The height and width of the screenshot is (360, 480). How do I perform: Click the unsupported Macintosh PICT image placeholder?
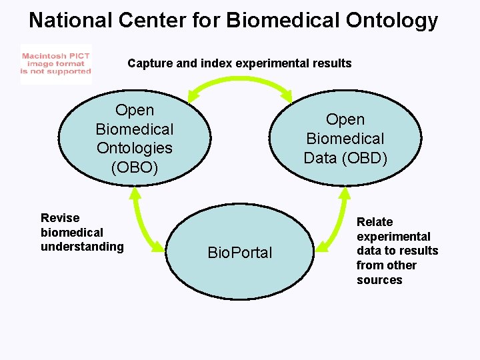(x=56, y=64)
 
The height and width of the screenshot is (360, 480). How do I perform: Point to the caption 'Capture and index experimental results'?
(x=239, y=63)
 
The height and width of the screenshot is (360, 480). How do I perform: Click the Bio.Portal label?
(x=240, y=253)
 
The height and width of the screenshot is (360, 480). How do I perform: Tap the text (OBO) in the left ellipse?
(x=135, y=167)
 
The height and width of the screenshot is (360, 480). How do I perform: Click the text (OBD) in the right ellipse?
(x=364, y=158)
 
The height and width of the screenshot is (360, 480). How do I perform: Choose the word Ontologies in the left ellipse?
(x=135, y=148)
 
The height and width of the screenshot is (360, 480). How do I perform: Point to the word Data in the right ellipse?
(x=320, y=158)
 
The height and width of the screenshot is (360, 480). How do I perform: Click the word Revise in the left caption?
(x=60, y=218)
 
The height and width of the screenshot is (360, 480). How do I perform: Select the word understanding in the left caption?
(x=82, y=247)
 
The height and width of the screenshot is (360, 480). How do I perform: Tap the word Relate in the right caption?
(x=375, y=222)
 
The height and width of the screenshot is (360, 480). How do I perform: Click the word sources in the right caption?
(x=379, y=280)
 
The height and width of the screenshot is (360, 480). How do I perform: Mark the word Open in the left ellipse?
(x=135, y=110)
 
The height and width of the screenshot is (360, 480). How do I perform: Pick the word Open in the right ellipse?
(x=345, y=119)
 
